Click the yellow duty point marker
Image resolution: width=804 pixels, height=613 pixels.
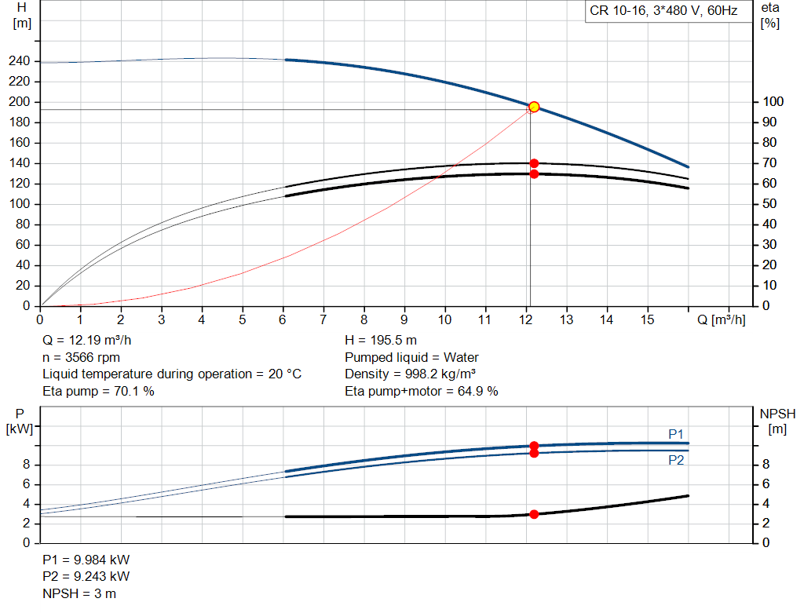point(534,107)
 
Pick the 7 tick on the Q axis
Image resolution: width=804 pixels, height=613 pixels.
point(323,319)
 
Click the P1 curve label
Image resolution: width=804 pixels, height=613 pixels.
point(676,434)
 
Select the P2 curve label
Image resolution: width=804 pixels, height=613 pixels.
point(676,461)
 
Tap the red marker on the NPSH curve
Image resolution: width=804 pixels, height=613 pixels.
point(534,514)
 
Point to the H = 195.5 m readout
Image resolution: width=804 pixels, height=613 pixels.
point(381,341)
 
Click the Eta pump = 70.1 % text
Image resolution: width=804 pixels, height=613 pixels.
point(98,391)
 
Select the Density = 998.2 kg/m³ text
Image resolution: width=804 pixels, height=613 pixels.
point(411,374)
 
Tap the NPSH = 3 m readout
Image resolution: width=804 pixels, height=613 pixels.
point(79,593)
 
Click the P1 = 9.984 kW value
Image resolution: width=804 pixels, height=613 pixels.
point(86,560)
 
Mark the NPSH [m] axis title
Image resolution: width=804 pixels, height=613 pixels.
point(777,421)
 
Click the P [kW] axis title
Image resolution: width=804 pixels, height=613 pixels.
point(21,421)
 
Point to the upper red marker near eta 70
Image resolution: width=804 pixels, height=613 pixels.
point(534,163)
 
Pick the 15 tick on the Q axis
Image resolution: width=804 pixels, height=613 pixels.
point(647,319)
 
